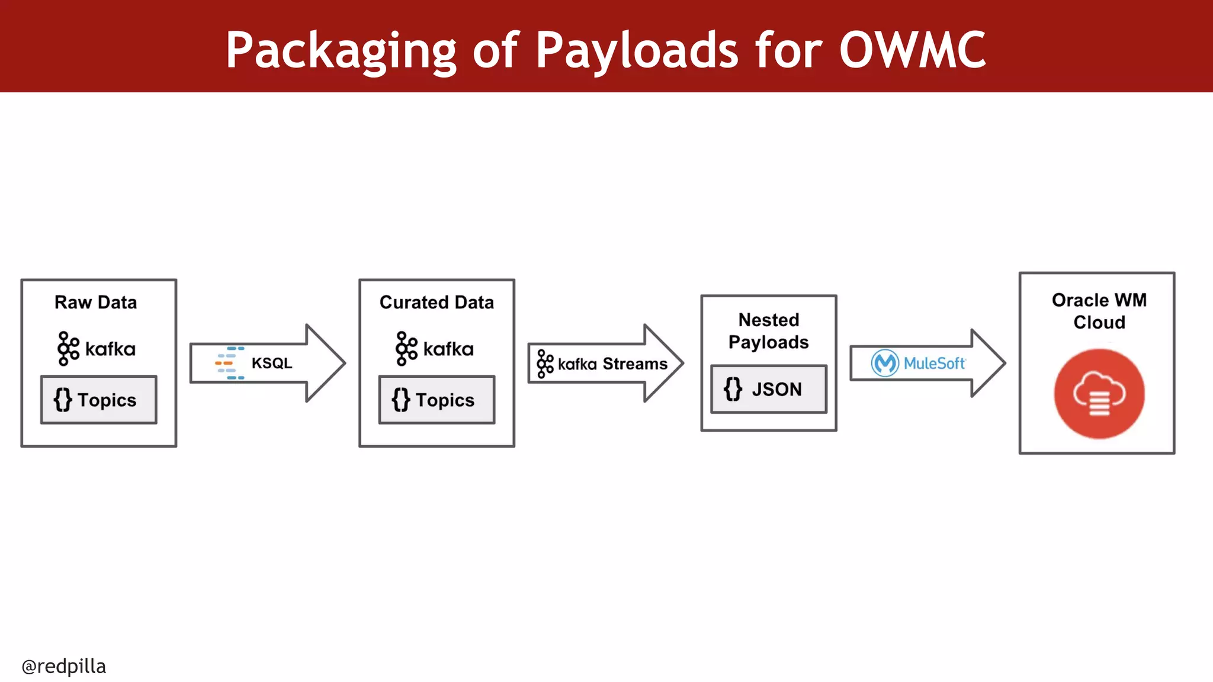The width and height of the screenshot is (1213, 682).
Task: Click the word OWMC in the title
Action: pos(912,51)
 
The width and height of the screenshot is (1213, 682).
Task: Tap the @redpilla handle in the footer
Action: pos(64,666)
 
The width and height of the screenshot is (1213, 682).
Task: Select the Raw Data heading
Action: pos(95,303)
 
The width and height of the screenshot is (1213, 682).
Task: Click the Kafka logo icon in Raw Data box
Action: pos(68,349)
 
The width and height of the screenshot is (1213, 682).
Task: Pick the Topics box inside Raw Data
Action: pos(99,400)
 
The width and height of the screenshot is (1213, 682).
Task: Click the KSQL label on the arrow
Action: pos(272,363)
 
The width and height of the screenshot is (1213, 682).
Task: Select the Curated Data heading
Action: pos(437,303)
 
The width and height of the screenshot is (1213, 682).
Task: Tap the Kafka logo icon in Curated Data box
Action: pos(406,349)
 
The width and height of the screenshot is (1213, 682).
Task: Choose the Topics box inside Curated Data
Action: pos(437,400)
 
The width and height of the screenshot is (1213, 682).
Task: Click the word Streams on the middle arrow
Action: pos(635,363)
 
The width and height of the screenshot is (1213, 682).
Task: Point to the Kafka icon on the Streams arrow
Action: pos(545,363)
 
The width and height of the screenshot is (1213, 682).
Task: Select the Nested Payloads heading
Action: pos(768,331)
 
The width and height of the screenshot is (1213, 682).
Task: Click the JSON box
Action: pos(769,389)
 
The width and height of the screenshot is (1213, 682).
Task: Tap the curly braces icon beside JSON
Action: pos(733,389)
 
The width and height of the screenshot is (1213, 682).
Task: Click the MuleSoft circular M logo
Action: pos(885,363)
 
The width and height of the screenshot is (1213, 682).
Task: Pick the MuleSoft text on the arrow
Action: pos(934,363)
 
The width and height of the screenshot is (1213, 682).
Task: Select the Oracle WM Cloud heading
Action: pos(1099,311)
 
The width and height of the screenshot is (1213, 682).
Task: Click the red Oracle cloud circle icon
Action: pos(1099,394)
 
